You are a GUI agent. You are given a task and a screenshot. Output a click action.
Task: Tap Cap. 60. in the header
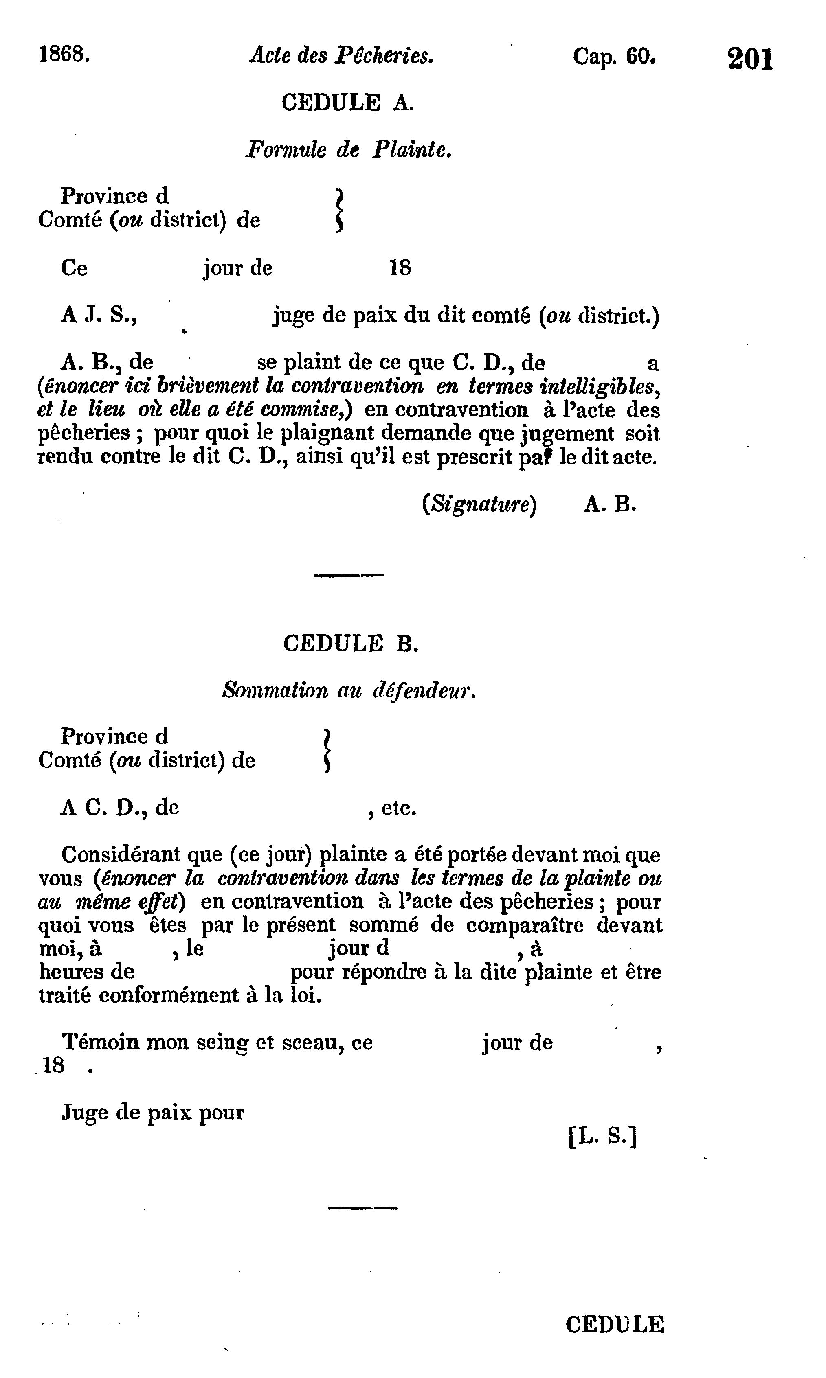click(x=615, y=56)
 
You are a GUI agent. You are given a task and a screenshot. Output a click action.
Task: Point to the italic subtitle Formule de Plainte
click(x=348, y=150)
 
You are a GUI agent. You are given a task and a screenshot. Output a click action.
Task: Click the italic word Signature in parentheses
click(x=479, y=504)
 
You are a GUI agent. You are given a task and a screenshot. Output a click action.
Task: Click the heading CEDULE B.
click(x=350, y=644)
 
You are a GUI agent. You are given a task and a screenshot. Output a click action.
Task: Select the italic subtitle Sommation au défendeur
click(x=349, y=690)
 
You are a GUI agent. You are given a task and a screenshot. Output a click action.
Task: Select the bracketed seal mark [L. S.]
click(x=602, y=1137)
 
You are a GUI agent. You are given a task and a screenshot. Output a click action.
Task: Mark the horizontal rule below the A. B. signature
click(x=349, y=575)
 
